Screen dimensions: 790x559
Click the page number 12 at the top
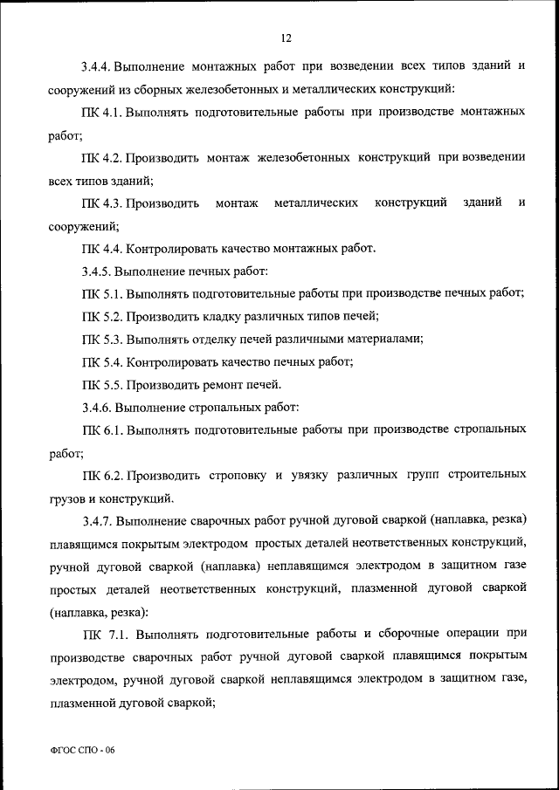coord(286,38)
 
